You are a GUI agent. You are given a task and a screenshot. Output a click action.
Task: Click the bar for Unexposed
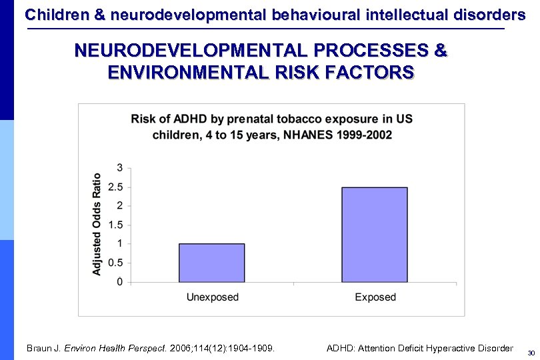pos(211,263)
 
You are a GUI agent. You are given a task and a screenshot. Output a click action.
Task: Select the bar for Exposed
pos(374,235)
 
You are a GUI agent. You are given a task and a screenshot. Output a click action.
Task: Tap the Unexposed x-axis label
pos(211,297)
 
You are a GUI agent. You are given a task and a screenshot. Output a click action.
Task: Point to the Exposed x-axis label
pos(375,297)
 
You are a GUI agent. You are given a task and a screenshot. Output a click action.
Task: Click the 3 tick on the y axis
pos(119,167)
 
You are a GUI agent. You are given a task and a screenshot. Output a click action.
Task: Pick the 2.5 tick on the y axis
pos(116,187)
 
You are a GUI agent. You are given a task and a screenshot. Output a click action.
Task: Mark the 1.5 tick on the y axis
pos(116,225)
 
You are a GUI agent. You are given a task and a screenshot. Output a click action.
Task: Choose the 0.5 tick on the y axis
pos(116,263)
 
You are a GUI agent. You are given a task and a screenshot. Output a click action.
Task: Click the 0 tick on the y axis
pos(119,282)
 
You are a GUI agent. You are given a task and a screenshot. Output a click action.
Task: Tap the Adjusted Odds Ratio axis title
pos(97,224)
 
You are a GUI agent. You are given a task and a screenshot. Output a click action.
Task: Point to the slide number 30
pos(531,352)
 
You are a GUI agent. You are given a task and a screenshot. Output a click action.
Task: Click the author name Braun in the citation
pos(39,348)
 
